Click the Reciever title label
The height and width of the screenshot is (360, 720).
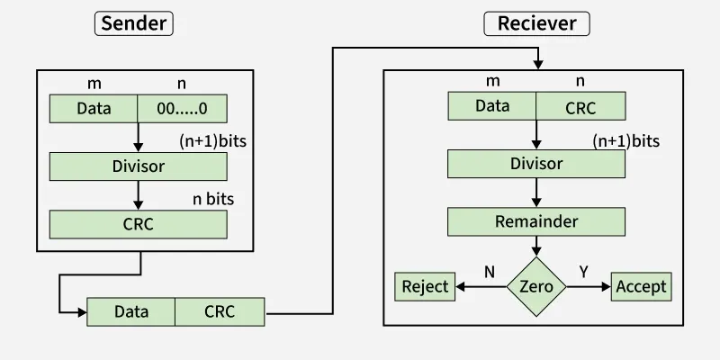click(536, 23)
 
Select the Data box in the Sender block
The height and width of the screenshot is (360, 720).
click(94, 109)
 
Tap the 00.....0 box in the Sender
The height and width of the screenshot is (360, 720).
click(182, 109)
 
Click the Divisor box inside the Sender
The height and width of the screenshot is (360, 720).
click(138, 166)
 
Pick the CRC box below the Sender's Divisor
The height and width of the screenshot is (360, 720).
click(138, 224)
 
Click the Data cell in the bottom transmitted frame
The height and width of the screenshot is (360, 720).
click(131, 312)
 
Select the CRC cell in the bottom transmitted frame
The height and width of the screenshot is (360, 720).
click(220, 312)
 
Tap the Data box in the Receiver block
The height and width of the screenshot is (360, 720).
click(492, 106)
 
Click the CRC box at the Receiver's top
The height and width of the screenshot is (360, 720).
click(580, 106)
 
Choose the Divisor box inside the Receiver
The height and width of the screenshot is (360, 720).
click(536, 164)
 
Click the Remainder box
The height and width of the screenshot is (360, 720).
click(536, 221)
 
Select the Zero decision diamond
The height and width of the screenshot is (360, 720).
click(536, 287)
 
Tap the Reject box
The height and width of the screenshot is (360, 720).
click(425, 287)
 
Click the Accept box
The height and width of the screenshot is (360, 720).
click(642, 287)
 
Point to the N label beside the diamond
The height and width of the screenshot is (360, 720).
click(490, 271)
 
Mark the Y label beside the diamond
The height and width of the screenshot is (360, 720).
click(582, 271)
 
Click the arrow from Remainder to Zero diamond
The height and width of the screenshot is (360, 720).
click(536, 246)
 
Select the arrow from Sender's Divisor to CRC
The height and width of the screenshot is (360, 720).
click(138, 194)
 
